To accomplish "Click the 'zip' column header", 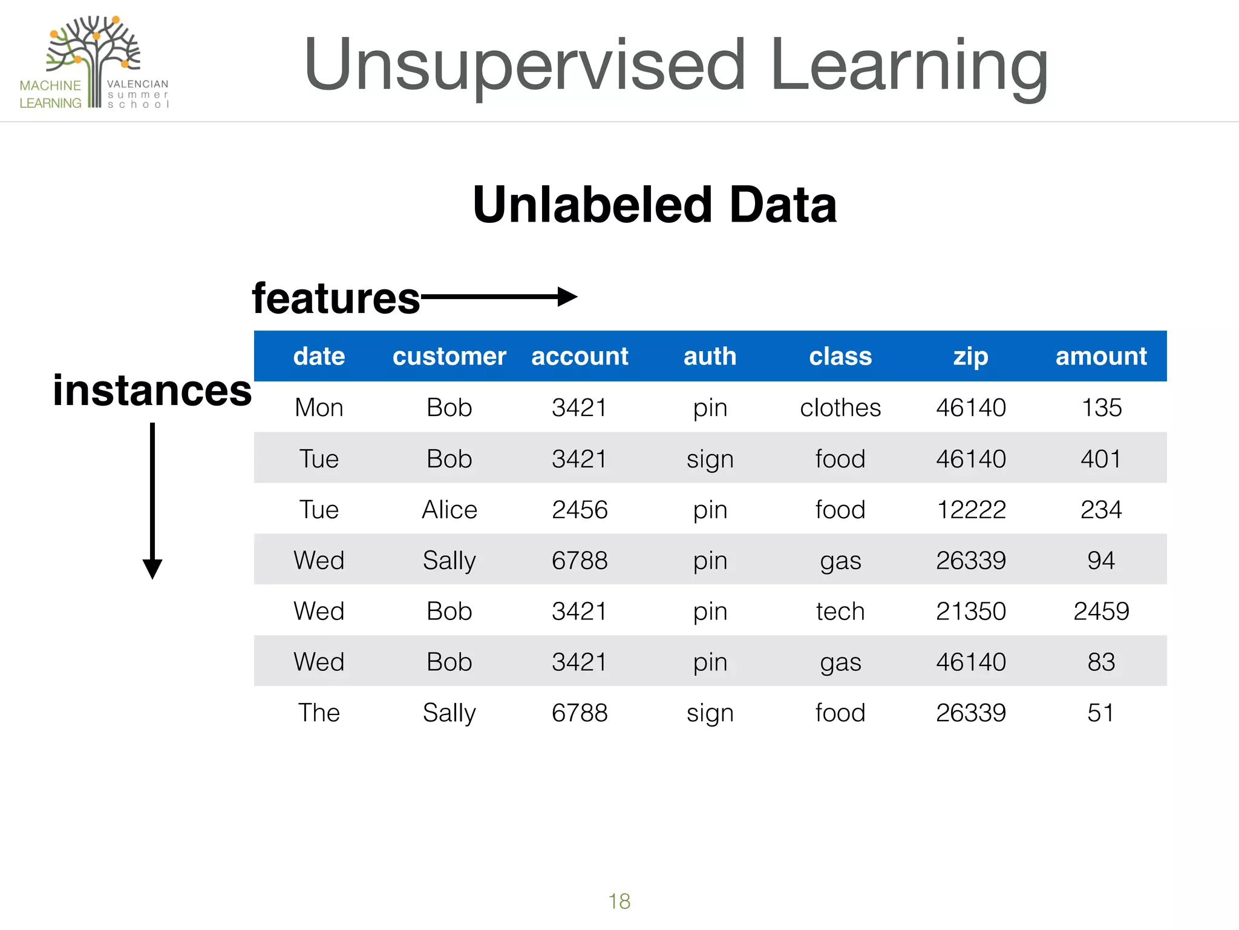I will [970, 356].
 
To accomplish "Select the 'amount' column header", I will [1101, 356].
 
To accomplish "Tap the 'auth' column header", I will [710, 356].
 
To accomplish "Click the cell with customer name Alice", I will [450, 509].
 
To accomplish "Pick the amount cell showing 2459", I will [1101, 611].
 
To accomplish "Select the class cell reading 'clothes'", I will [840, 407].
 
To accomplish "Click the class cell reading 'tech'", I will [840, 611].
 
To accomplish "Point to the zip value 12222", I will [971, 509].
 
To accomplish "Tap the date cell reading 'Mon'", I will [319, 407].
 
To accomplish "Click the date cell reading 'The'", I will [319, 713].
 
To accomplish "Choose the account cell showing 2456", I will [580, 509].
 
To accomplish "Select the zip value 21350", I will [971, 611].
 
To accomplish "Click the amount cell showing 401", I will [1101, 458].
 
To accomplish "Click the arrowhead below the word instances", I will [152, 569].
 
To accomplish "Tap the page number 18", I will [619, 901].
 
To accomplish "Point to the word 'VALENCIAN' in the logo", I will [138, 84].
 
